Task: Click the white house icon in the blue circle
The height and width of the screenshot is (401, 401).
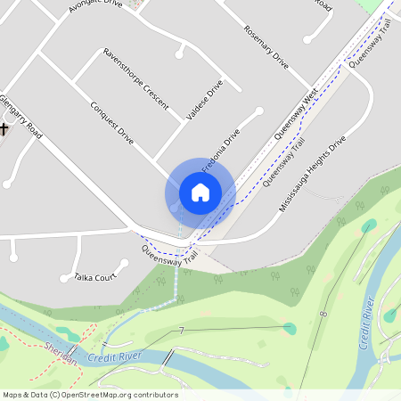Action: pyautogui.click(x=200, y=192)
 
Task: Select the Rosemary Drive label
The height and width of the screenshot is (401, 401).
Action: pyautogui.click(x=266, y=47)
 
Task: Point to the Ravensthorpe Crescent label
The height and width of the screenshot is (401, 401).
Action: pyautogui.click(x=135, y=78)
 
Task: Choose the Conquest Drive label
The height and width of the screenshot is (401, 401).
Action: pyautogui.click(x=112, y=123)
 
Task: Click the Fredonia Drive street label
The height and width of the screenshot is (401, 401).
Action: pyautogui.click(x=221, y=151)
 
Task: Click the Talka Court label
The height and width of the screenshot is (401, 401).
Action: pyautogui.click(x=95, y=276)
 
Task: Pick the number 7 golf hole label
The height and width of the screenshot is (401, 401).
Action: pyautogui.click(x=181, y=331)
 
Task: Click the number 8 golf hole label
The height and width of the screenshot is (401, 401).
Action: pyautogui.click(x=324, y=314)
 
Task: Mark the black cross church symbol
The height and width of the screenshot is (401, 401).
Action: pyautogui.click(x=4, y=129)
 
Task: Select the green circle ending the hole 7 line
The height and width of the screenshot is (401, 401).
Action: pyautogui.click(x=289, y=329)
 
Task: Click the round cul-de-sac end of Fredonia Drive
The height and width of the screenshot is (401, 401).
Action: pyautogui.click(x=258, y=111)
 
